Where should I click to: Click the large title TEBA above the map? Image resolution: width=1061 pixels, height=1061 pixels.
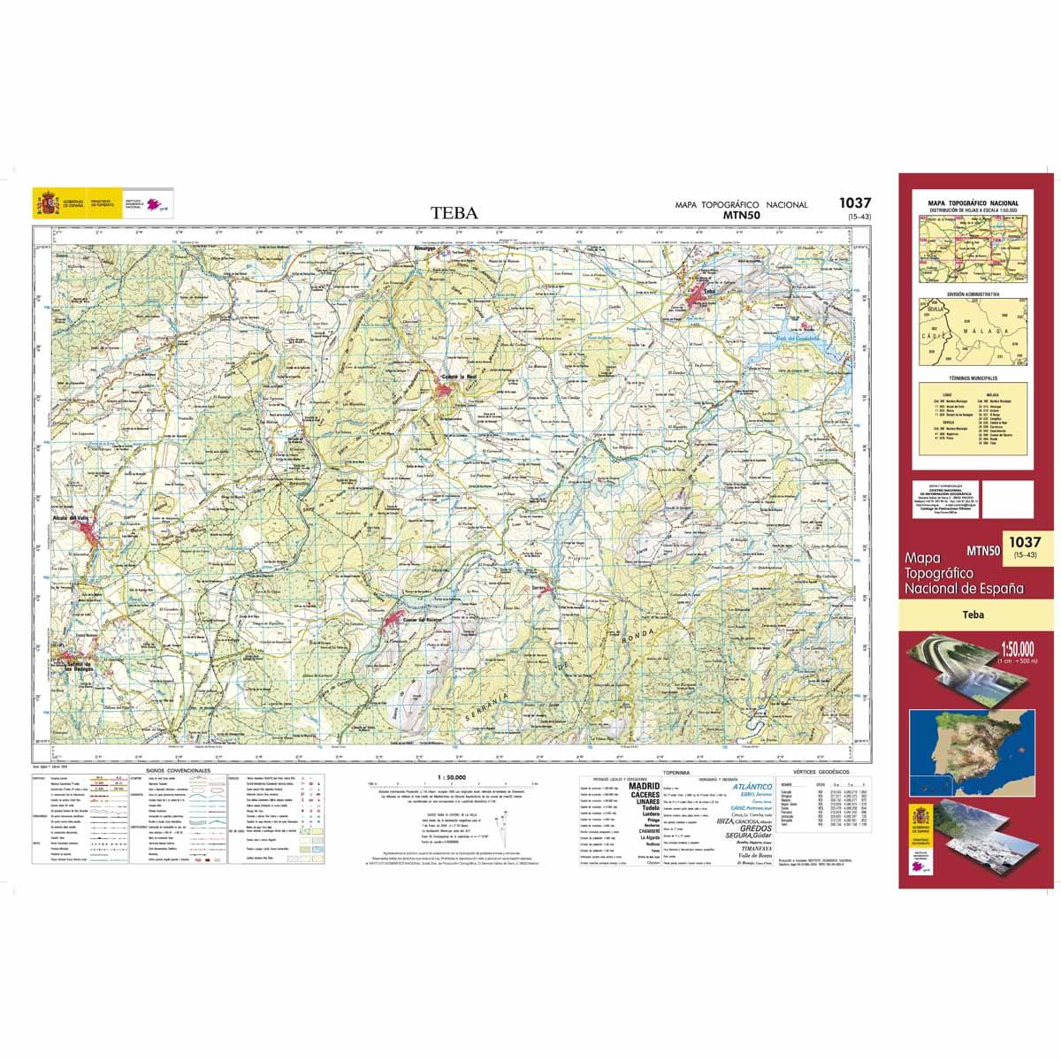pos(454,212)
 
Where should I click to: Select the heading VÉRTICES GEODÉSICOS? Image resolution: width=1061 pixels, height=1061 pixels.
pos(821,772)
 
